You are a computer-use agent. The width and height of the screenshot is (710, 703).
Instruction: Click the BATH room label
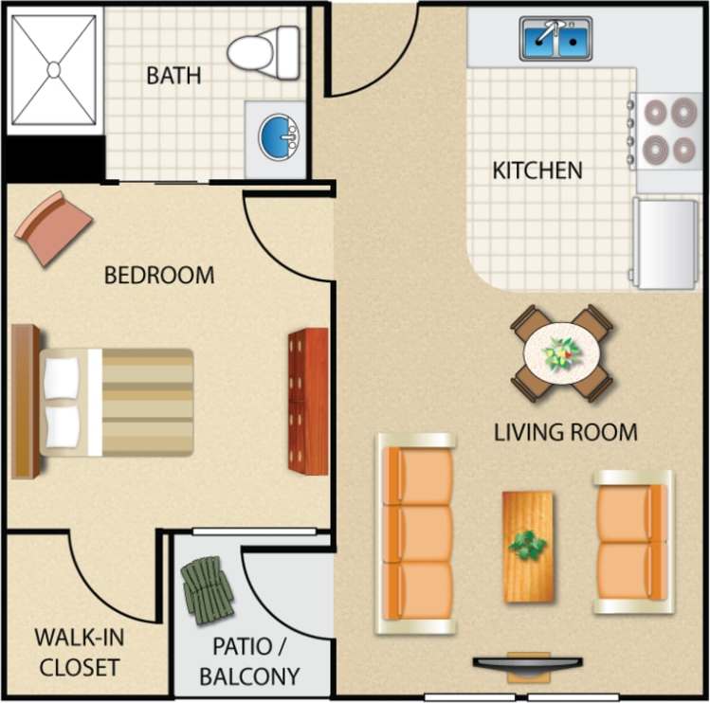coord(173,75)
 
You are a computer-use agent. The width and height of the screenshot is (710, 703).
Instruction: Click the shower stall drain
coord(54,68)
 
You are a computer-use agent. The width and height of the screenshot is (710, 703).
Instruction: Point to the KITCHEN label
coord(537,171)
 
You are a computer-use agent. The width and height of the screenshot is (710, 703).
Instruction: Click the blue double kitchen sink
coord(555,39)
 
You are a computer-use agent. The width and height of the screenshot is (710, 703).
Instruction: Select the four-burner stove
coord(668,131)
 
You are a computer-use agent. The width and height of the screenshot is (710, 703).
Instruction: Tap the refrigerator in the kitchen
coord(665,243)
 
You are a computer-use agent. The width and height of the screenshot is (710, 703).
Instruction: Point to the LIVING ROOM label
coord(566,432)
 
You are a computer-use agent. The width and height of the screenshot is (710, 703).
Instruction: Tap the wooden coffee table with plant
coord(528,546)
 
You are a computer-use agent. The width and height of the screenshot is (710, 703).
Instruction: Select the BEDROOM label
coord(159,276)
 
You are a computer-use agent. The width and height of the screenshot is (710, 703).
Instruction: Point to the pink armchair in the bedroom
coord(53,228)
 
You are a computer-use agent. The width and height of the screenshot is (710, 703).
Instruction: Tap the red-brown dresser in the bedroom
coord(308,401)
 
